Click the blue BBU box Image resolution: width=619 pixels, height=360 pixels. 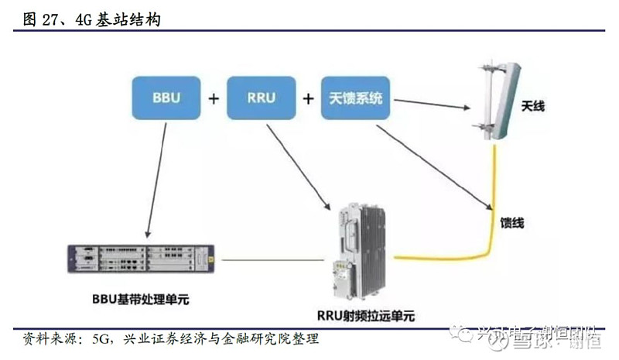167,98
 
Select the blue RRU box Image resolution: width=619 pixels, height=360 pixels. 262,98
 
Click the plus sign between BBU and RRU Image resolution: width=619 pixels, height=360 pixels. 214,99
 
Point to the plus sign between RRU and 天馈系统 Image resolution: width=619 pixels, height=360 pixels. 309,99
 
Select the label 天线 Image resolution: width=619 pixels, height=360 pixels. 532,105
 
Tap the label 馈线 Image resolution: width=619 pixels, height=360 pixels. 512,224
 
